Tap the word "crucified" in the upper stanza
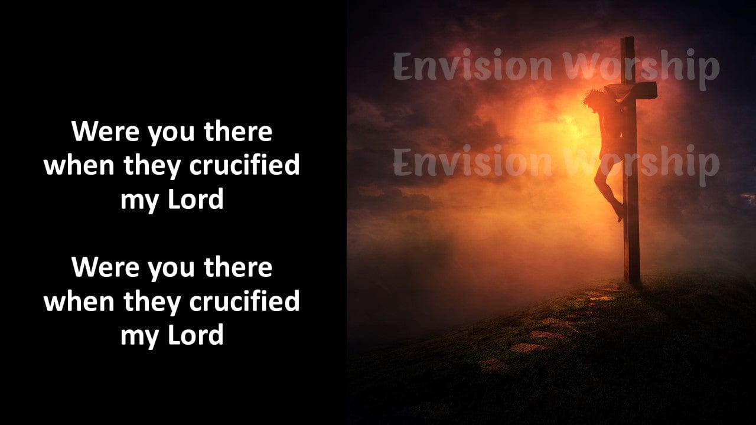[x=245, y=165]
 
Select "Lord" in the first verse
[x=195, y=199]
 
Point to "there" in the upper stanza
[x=238, y=131]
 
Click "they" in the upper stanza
[x=152, y=166]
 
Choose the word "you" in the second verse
[x=172, y=270]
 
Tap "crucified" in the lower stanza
[x=245, y=301]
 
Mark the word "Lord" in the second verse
[x=195, y=335]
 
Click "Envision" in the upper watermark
[x=472, y=66]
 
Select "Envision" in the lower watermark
[x=472, y=162]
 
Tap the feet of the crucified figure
[x=620, y=212]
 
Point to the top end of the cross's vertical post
[x=627, y=38]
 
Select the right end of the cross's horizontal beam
[x=656, y=90]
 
